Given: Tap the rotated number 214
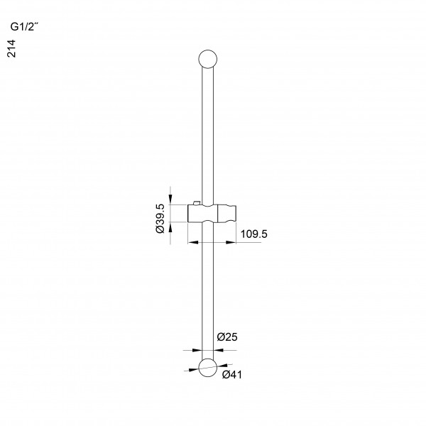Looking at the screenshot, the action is coord(11,48).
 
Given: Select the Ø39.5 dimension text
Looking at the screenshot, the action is coord(160,219).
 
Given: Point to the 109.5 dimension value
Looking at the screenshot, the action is coord(253,234).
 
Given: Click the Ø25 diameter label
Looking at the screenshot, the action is coord(227,337).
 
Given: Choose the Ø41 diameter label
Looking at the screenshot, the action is coord(231,375).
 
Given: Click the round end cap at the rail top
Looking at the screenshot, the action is coord(208,59).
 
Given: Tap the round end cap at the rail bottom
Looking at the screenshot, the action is coord(208,368).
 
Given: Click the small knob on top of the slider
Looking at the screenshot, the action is coord(196,203).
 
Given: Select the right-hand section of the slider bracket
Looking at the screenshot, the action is coord(227,214).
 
